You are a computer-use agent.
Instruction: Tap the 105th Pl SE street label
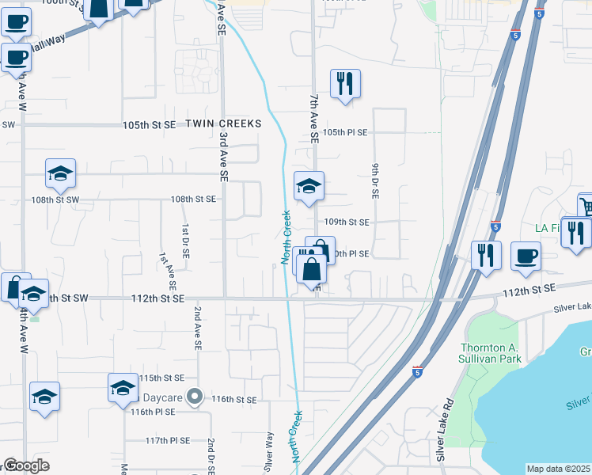click(345, 132)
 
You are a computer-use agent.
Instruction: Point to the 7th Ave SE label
click(313, 117)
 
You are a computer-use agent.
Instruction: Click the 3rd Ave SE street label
click(223, 154)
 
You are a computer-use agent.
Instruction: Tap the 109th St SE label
click(347, 222)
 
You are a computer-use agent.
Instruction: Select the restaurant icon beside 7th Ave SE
click(344, 84)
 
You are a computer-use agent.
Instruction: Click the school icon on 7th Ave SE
click(309, 187)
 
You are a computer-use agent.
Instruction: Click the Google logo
click(26, 465)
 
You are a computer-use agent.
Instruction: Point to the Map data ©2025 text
click(559, 469)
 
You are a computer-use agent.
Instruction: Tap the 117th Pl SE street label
click(168, 440)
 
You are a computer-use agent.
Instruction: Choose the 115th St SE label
click(161, 378)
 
